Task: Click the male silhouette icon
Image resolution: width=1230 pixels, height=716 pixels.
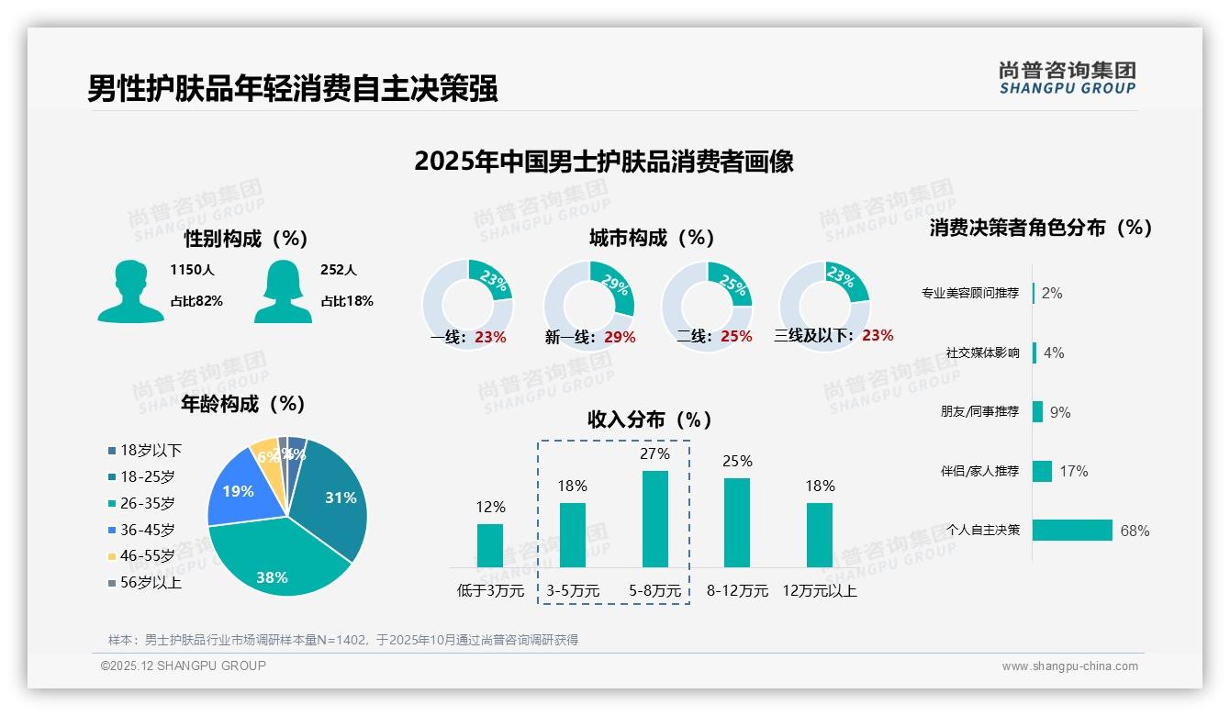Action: pyautogui.click(x=130, y=291)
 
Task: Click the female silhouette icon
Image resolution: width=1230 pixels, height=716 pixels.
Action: pyautogui.click(x=283, y=291)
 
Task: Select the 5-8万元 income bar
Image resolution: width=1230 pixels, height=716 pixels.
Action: pyautogui.click(x=654, y=519)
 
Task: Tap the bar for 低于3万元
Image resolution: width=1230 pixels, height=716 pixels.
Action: pyautogui.click(x=490, y=545)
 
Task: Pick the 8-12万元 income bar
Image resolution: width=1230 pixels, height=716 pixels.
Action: pyautogui.click(x=737, y=522)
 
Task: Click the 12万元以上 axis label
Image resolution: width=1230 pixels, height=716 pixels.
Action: pyautogui.click(x=820, y=591)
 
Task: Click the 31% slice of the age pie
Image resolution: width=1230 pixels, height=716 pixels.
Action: pyautogui.click(x=335, y=496)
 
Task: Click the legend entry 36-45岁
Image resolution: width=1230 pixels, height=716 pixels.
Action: pyautogui.click(x=146, y=530)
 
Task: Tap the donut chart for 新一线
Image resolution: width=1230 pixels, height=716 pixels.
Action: pyautogui.click(x=589, y=305)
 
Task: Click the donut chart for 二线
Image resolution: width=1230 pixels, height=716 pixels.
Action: pyautogui.click(x=707, y=305)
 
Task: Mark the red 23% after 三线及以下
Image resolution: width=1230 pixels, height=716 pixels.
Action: pyautogui.click(x=878, y=336)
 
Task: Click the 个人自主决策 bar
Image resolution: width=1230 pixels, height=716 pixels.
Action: pyautogui.click(x=1072, y=530)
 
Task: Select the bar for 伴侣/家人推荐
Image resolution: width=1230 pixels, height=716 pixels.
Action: pyautogui.click(x=1042, y=471)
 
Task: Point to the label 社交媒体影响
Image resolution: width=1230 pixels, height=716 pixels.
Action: pyautogui.click(x=982, y=352)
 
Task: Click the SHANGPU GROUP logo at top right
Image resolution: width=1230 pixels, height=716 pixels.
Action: pyautogui.click(x=1067, y=78)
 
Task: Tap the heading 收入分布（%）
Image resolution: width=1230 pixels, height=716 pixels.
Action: pyautogui.click(x=651, y=420)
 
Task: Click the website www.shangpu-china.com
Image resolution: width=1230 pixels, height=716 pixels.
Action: pyautogui.click(x=1069, y=666)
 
